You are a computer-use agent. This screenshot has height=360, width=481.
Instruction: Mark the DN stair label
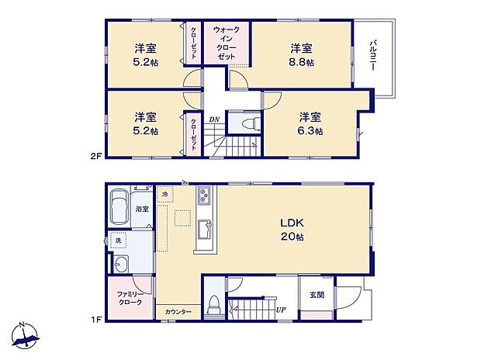[214, 119]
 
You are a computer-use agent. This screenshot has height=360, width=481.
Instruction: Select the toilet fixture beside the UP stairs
[213, 305]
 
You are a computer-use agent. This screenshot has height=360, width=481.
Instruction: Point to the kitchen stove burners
[202, 195]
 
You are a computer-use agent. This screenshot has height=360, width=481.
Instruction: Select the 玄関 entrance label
[317, 295]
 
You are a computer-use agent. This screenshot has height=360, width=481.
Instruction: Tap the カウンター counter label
[178, 312]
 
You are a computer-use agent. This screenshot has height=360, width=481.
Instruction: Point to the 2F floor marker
[95, 155]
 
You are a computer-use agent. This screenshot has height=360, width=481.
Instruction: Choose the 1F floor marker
[95, 318]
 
